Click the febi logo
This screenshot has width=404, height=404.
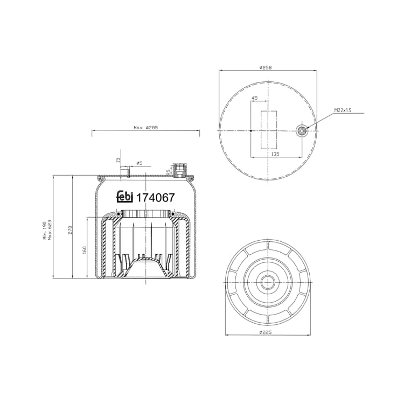125,197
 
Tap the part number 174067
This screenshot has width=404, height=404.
155,198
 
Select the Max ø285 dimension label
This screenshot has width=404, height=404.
145,127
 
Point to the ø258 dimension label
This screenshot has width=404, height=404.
266,67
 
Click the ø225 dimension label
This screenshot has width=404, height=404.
266,332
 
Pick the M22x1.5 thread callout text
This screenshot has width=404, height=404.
343,110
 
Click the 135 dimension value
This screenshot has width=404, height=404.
275,154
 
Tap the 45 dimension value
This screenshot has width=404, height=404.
254,98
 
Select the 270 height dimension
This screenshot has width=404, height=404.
70,229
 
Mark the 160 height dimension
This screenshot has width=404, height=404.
84,250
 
